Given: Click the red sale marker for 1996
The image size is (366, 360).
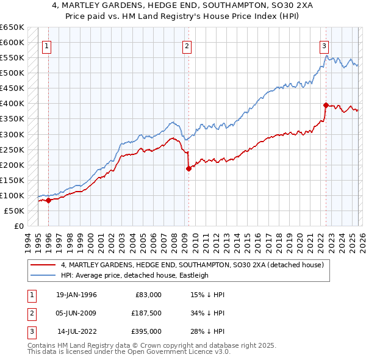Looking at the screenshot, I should click(48, 200).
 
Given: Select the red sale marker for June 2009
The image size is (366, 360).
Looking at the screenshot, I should click(188, 168).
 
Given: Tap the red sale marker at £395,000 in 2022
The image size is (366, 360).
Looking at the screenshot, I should click(326, 104).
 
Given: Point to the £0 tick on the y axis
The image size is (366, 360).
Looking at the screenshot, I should click(19, 226).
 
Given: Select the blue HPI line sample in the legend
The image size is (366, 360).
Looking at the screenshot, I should click(43, 275).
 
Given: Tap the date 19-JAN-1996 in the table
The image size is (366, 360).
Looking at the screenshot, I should click(76, 295).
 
